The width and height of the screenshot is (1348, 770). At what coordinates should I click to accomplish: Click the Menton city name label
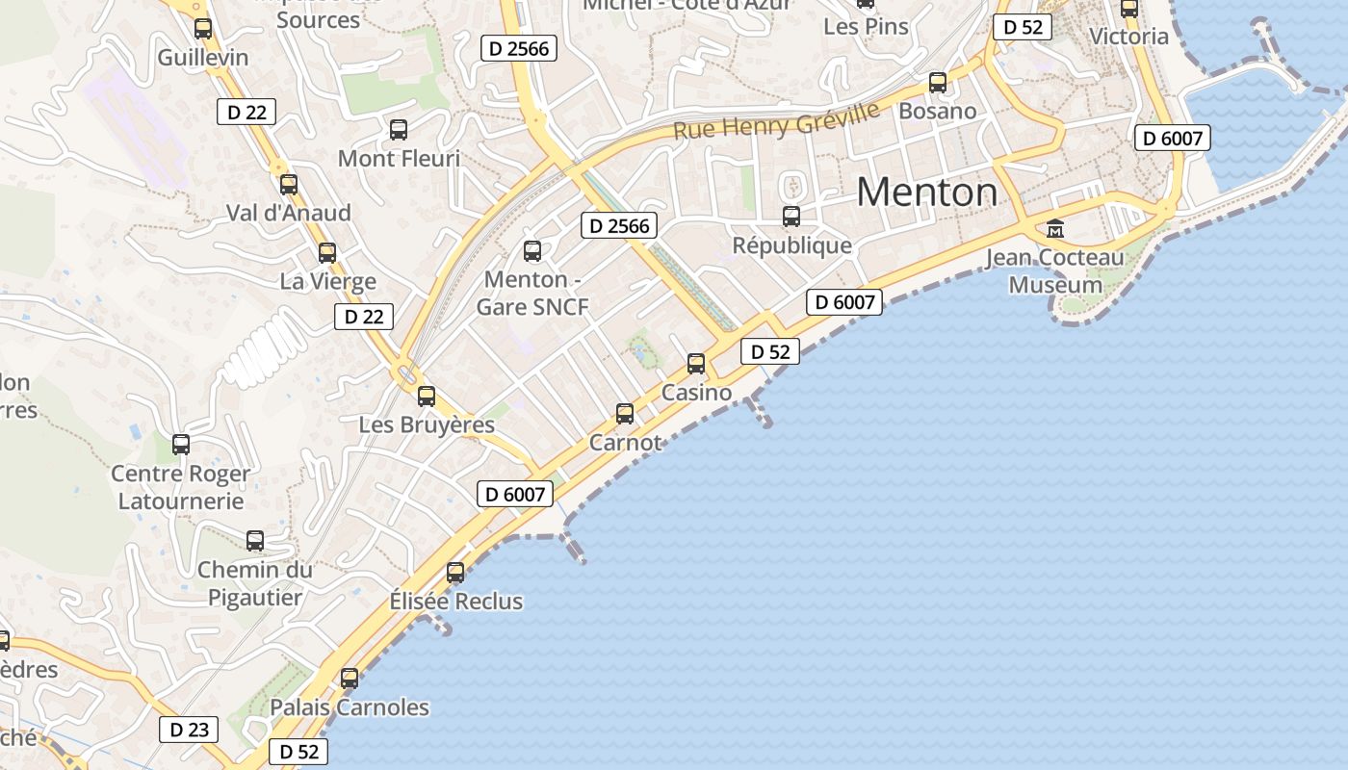(x=926, y=192)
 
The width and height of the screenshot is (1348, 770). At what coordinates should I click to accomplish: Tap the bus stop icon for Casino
(x=696, y=364)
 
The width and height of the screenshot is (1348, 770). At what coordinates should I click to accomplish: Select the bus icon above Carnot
(x=625, y=414)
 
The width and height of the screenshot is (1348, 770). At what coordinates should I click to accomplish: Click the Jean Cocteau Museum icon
(x=1055, y=229)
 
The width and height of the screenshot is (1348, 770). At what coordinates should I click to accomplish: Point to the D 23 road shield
(x=189, y=730)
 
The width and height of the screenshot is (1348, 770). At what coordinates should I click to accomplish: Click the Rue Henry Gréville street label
(x=776, y=120)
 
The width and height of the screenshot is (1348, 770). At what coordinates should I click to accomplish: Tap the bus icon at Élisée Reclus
(x=455, y=573)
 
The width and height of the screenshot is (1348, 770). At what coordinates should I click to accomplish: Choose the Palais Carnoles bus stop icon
(x=350, y=679)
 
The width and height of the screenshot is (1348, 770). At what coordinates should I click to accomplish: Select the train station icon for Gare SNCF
(x=531, y=251)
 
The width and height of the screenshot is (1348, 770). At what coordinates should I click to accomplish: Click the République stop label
(x=791, y=245)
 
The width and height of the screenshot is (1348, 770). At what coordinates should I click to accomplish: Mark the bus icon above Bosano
(x=937, y=83)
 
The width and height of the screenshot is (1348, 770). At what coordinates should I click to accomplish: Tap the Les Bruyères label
(x=427, y=424)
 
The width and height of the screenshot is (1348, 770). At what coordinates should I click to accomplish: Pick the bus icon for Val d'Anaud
(x=288, y=185)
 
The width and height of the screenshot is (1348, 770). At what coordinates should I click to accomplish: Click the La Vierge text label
(x=327, y=282)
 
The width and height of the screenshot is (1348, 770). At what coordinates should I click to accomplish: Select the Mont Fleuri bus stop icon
(x=398, y=130)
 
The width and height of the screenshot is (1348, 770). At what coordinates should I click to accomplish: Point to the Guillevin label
(x=202, y=58)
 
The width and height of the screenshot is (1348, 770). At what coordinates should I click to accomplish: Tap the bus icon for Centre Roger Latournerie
(x=180, y=445)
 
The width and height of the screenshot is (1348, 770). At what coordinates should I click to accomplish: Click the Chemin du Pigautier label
(x=255, y=583)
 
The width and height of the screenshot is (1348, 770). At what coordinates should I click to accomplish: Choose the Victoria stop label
(x=1128, y=37)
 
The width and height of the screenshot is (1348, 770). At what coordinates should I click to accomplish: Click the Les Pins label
(x=866, y=27)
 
